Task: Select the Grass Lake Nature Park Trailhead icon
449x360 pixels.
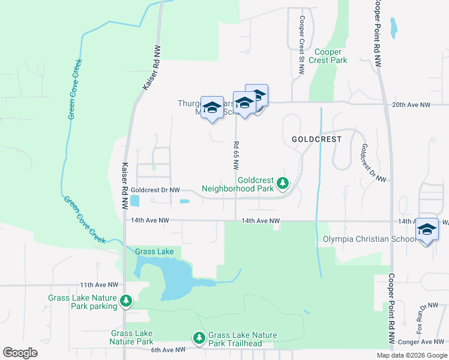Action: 199,339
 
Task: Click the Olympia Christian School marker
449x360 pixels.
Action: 427,230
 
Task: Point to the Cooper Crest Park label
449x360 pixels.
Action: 328,56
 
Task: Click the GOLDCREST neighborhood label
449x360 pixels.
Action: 316,139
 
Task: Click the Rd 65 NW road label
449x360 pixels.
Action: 236,155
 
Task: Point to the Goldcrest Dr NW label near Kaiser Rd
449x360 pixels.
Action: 158,190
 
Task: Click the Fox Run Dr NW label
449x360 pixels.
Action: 421,319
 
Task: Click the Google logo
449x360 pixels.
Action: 20,352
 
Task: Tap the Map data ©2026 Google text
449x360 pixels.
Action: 411,355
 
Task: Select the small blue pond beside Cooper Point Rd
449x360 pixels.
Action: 394,27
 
